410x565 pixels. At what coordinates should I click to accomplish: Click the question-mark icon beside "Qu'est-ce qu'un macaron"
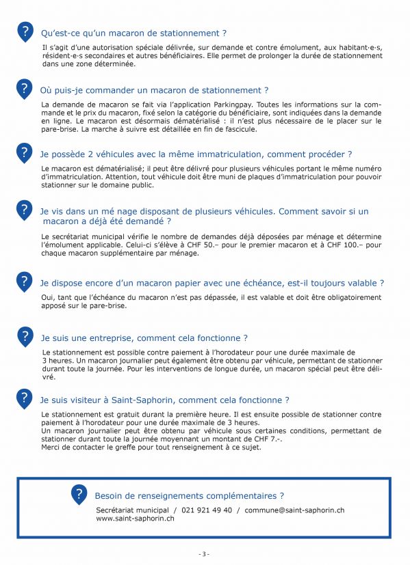(x=25, y=31)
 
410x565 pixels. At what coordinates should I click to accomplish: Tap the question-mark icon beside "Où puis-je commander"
(x=25, y=89)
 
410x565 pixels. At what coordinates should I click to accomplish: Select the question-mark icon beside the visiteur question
(x=25, y=399)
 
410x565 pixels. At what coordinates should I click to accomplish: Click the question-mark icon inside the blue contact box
(x=79, y=494)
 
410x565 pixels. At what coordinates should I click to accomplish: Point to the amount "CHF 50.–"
(x=240, y=245)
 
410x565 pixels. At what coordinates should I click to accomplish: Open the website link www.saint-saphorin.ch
(x=135, y=519)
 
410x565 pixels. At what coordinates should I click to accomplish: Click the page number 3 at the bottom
(x=204, y=554)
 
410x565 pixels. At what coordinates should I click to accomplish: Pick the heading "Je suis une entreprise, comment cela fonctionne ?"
(x=144, y=337)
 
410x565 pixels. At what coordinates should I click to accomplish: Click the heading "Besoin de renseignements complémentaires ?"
(x=189, y=495)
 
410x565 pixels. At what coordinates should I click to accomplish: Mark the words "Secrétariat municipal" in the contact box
(x=131, y=510)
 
